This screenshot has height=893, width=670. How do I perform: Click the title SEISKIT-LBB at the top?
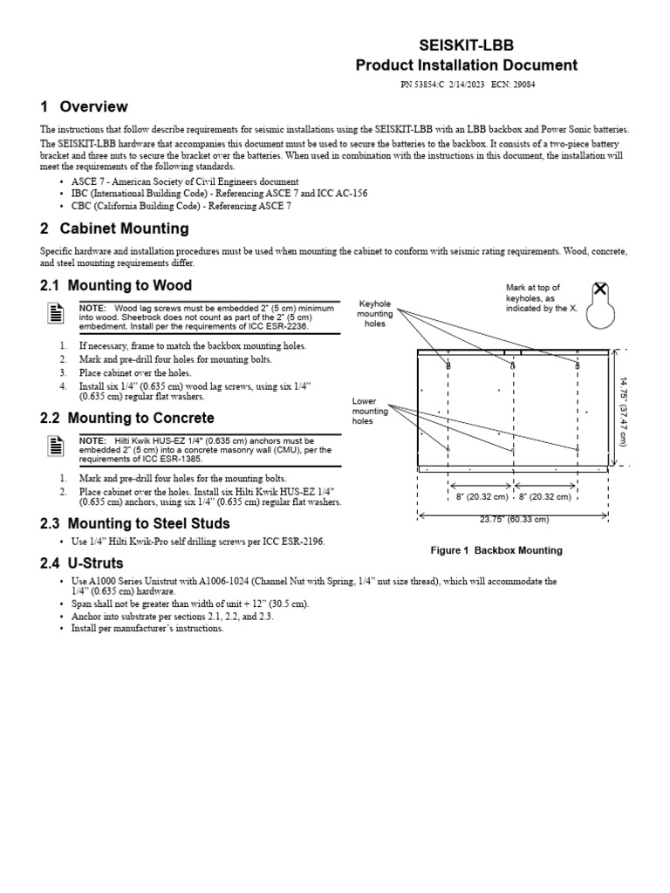click(x=466, y=44)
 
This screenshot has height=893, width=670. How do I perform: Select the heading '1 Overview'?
click(x=84, y=107)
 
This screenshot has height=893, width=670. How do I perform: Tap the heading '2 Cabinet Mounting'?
click(x=114, y=228)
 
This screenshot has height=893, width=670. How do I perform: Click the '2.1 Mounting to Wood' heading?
click(x=116, y=285)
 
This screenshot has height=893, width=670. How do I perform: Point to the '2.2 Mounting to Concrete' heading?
click(x=127, y=419)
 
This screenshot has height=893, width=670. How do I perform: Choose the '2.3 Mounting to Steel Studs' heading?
click(x=135, y=523)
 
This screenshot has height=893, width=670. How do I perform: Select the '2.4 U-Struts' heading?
click(x=82, y=562)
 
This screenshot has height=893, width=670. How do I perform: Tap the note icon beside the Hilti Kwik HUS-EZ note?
click(x=54, y=447)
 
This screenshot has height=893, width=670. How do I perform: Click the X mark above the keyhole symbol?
click(x=600, y=290)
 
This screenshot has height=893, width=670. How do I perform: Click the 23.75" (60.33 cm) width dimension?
click(x=514, y=520)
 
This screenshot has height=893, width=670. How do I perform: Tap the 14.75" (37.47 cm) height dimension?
click(x=623, y=410)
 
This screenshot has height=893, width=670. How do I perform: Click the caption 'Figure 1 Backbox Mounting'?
click(x=497, y=550)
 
